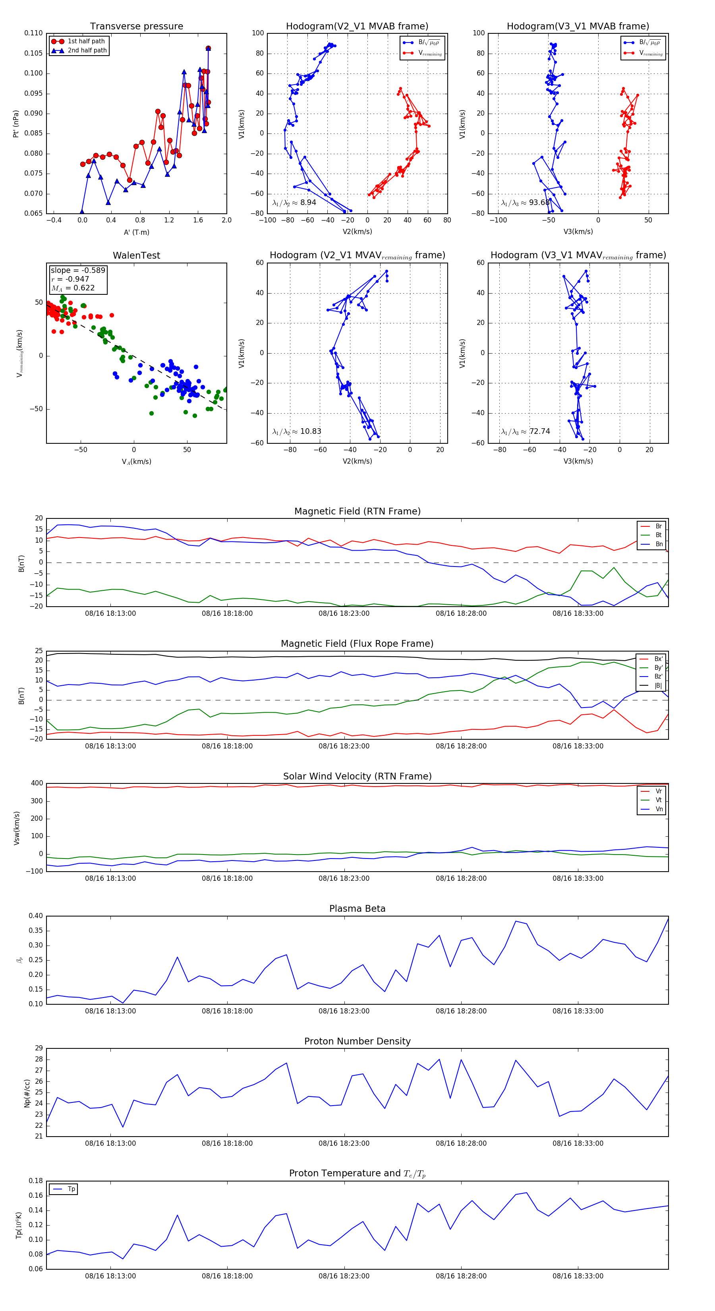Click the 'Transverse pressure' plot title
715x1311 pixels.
pos(136,27)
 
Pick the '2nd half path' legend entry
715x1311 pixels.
pos(87,50)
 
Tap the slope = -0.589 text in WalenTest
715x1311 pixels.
pos(78,270)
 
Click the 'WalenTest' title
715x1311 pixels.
pos(136,255)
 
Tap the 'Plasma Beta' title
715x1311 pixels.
pos(357,909)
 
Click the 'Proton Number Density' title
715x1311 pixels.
pos(357,1041)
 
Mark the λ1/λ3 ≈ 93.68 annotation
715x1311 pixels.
pos(525,203)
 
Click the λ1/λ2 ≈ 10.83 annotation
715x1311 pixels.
pos(297,431)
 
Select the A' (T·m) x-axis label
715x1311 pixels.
pos(136,232)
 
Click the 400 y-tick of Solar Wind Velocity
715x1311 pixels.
pos(37,783)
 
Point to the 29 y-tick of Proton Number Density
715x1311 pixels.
pos(39,1048)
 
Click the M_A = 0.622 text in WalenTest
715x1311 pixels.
pos(73,288)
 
